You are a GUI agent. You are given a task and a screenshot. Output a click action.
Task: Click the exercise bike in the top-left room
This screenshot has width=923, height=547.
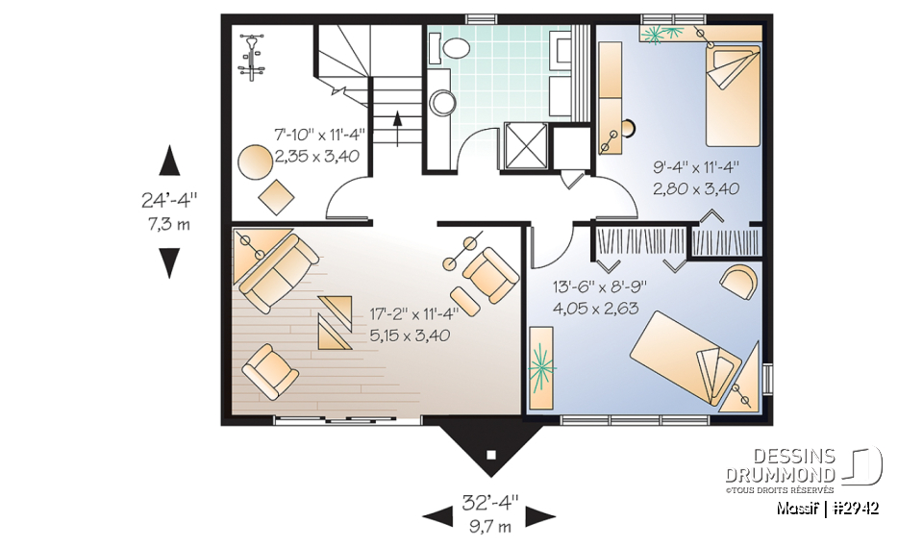click(x=252, y=58)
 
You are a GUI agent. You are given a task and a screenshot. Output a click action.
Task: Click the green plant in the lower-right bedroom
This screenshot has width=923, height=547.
click(x=541, y=367)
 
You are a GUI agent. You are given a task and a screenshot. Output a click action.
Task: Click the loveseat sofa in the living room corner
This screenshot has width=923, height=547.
click(x=278, y=264)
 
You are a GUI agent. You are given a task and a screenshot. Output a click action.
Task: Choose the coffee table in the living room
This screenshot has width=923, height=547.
click(x=337, y=323)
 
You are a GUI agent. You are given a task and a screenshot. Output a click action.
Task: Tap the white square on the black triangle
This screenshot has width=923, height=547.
click(x=491, y=455)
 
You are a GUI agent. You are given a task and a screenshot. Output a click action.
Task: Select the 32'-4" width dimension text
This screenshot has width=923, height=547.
click(x=489, y=502)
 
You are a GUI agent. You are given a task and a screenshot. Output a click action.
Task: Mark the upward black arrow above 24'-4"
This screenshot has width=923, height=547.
click(x=169, y=160)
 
